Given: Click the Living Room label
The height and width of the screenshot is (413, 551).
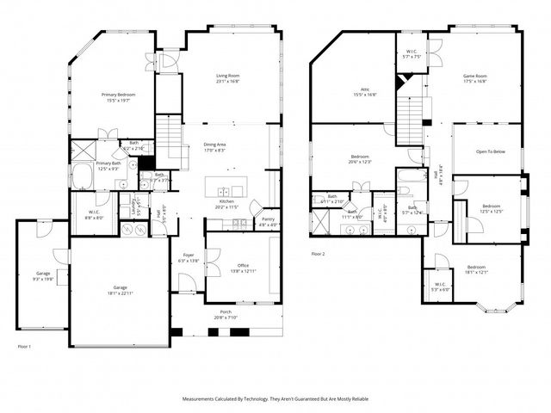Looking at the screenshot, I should pos(227,76).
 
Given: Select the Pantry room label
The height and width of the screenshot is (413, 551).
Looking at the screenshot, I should pos(268,219).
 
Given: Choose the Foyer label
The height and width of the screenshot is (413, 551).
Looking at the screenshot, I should pos(188,256).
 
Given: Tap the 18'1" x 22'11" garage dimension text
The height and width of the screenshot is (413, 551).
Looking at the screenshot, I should pos(120,293).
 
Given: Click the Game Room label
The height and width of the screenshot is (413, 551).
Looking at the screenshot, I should pos(475,76).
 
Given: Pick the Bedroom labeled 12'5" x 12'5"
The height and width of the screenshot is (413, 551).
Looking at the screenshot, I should pos(491,206).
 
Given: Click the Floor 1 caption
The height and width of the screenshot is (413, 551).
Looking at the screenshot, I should pos(24,346).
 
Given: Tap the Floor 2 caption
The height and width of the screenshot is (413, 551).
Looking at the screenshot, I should pos(318,254).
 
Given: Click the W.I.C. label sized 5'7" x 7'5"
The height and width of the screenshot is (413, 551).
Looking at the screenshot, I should pos(412,52).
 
